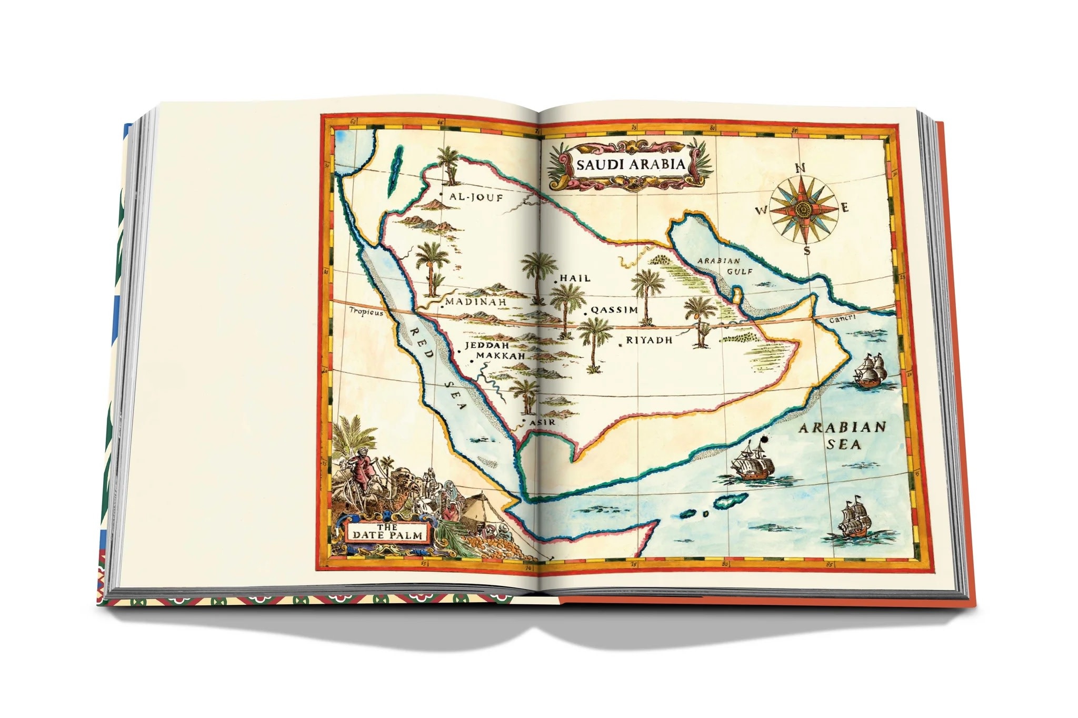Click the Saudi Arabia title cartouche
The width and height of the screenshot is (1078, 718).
pos(631,165)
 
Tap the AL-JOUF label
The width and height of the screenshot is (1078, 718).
pos(476,198)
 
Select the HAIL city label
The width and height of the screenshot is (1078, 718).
pos(575,278)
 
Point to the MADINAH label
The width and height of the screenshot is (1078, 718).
pos(476,302)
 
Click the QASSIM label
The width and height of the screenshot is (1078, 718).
pos(614,310)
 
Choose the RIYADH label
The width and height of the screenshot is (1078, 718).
pos(649,340)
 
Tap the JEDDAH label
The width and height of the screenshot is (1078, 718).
pos(486,346)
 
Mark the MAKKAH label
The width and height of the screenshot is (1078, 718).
pos(501,356)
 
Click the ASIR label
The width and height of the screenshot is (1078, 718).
pos(542,422)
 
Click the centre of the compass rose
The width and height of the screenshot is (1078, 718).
pos(803,209)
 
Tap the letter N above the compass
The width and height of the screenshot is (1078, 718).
pos(800,168)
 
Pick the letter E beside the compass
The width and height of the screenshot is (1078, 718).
pos(845,208)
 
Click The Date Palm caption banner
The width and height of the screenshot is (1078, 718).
pos(387,532)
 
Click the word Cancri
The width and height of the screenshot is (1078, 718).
pos(842,319)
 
